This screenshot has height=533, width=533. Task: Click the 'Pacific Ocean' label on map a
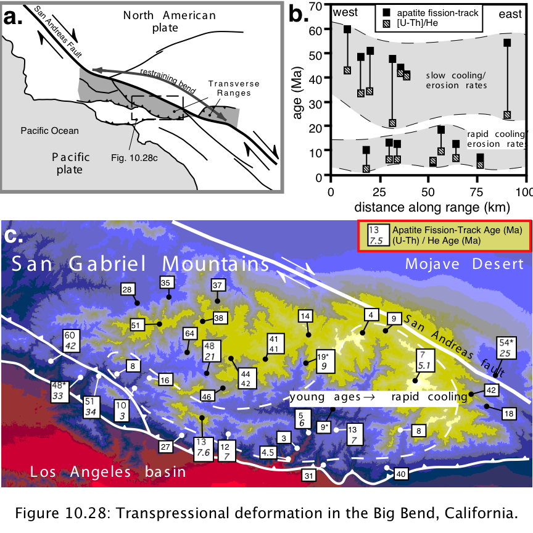click(49, 131)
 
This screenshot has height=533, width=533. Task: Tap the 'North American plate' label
click(169, 21)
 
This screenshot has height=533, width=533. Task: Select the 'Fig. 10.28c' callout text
click(134, 158)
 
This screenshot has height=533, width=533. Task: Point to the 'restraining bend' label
click(168, 81)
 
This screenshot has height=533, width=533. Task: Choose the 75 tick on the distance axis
click(477, 192)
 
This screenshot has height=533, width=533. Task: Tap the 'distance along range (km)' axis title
click(432, 207)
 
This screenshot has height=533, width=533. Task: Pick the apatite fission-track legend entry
click(431, 13)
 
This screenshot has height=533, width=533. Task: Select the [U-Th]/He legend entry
click(411, 23)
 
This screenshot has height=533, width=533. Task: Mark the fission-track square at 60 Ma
click(347, 29)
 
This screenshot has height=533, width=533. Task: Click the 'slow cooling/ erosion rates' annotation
click(456, 80)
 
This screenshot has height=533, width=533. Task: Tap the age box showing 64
click(189, 334)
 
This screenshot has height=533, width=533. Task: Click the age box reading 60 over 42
click(71, 341)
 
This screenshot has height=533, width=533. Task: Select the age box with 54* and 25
click(506, 348)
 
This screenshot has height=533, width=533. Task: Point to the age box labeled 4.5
click(268, 452)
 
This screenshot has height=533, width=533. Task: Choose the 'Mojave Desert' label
click(465, 264)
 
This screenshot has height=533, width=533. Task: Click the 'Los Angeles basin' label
click(108, 472)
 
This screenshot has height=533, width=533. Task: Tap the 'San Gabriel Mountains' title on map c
click(141, 263)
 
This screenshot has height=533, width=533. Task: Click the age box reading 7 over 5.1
click(424, 360)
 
